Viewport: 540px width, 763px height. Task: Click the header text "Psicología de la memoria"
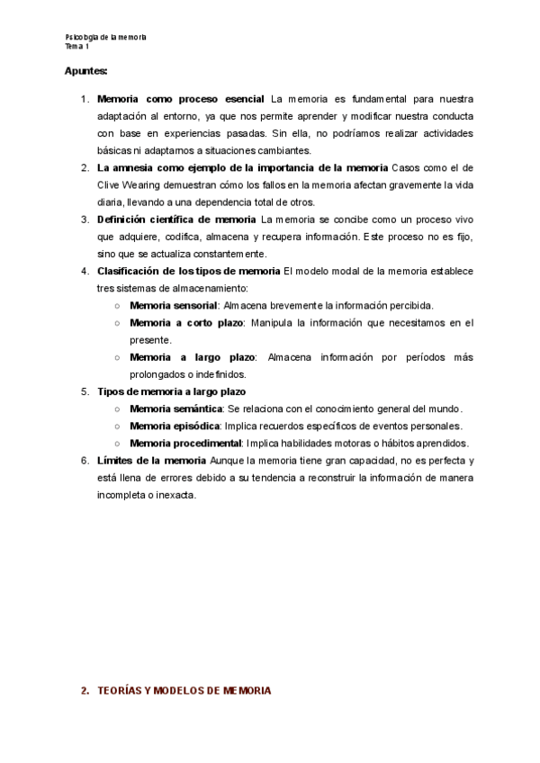tap(106, 37)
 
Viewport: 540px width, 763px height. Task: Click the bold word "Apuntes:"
tap(86, 69)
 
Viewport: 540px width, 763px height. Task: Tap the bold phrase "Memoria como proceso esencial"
tap(180, 99)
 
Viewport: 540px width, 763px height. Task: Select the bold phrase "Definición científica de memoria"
tap(175, 220)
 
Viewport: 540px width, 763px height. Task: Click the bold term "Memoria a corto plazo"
tap(186, 323)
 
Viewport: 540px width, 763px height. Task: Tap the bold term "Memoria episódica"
tap(175, 426)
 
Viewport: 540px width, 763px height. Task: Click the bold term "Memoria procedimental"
tap(185, 443)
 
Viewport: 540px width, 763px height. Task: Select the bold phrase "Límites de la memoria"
tap(152, 461)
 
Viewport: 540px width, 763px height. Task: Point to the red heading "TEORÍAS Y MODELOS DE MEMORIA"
tap(184, 691)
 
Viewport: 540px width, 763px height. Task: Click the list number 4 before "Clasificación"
tap(85, 271)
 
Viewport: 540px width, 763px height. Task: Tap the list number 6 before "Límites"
tap(85, 461)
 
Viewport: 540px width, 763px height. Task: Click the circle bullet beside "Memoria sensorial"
tap(118, 306)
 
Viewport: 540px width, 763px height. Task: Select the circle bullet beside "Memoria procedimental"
tap(118, 443)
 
